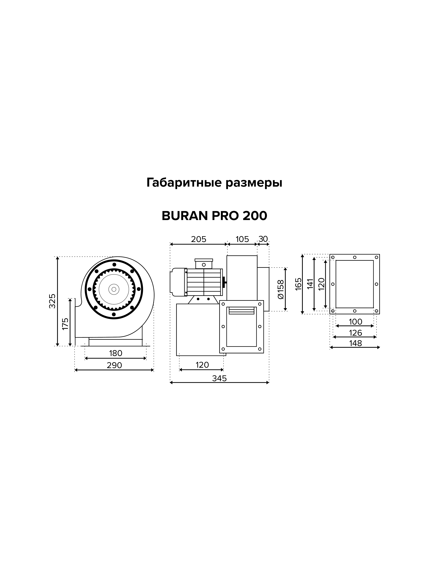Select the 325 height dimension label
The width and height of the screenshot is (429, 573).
coord(53,301)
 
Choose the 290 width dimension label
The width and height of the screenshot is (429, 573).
coord(114,365)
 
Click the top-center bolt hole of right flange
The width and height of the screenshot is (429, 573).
coord(355,257)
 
